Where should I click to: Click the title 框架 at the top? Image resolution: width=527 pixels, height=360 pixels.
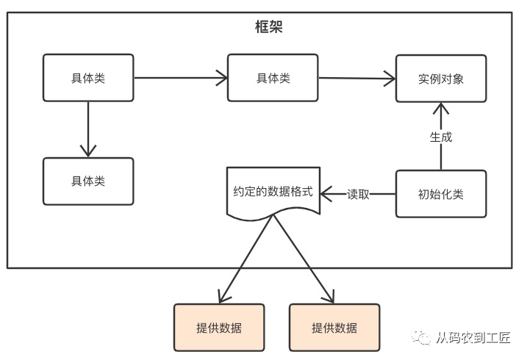pyautogui.click(x=263, y=28)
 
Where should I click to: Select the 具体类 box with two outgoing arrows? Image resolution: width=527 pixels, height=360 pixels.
pyautogui.click(x=88, y=77)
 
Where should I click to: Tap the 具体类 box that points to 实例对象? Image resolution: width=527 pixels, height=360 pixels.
pyautogui.click(x=273, y=77)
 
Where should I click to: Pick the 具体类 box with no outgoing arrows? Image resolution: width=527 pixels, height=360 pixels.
pyautogui.click(x=88, y=181)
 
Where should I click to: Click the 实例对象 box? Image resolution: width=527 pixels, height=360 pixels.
pyautogui.click(x=440, y=78)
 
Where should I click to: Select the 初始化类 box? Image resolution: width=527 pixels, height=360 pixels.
pyautogui.click(x=440, y=194)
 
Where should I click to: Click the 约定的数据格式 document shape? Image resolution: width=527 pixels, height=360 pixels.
pyautogui.click(x=273, y=192)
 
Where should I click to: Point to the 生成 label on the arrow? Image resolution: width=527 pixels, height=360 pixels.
pyautogui.click(x=440, y=137)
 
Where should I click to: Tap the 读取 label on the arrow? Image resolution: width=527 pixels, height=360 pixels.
pyautogui.click(x=358, y=195)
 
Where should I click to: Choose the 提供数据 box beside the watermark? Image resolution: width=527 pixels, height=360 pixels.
pyautogui.click(x=334, y=327)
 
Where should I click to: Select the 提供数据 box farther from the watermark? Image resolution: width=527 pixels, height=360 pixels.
pyautogui.click(x=218, y=327)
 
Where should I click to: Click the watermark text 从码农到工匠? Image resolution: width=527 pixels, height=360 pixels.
pyautogui.click(x=473, y=338)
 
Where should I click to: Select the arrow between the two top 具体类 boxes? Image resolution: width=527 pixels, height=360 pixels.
pyautogui.click(x=180, y=76)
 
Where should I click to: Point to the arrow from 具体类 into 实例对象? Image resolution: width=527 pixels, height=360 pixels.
pyautogui.click(x=356, y=79)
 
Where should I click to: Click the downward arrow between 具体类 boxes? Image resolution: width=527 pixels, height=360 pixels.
pyautogui.click(x=88, y=129)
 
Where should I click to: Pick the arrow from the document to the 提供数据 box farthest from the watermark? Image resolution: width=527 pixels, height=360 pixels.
pyautogui.click(x=246, y=257)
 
